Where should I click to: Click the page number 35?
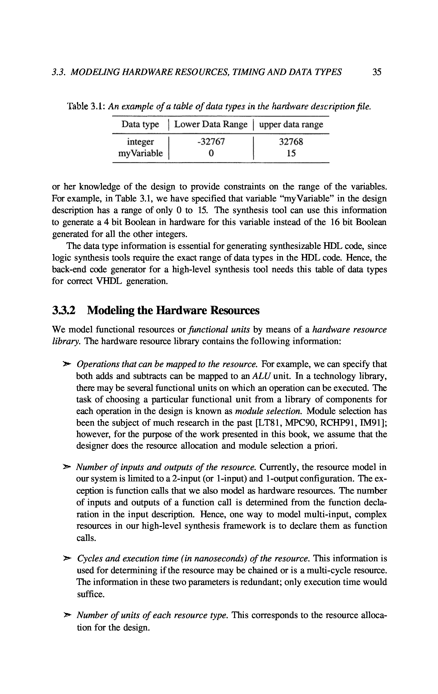click(377, 72)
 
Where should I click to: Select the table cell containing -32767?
click(211, 142)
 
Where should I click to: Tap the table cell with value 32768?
click(291, 142)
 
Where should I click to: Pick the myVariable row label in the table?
click(141, 153)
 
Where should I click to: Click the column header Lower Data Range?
click(211, 124)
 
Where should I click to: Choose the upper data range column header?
click(291, 124)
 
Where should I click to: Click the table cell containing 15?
click(291, 153)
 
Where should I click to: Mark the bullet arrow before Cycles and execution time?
click(67, 559)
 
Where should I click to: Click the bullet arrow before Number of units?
click(67, 616)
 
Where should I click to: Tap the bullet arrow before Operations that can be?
click(67, 365)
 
